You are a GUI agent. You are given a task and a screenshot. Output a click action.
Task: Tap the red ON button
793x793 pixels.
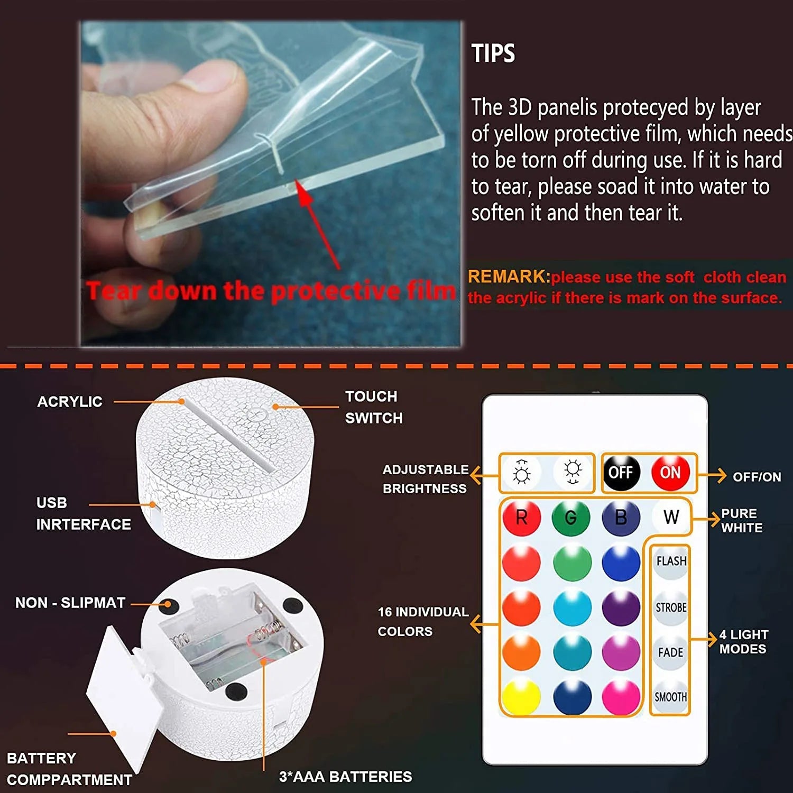pyautogui.click(x=670, y=472)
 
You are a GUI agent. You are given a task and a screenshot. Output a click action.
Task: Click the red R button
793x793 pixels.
pyautogui.click(x=521, y=517)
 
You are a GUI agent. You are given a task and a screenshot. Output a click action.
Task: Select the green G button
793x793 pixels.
pyautogui.click(x=571, y=517)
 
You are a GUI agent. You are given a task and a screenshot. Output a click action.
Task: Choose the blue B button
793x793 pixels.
pyautogui.click(x=621, y=517)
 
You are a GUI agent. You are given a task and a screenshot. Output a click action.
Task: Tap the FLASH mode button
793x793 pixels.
pyautogui.click(x=671, y=561)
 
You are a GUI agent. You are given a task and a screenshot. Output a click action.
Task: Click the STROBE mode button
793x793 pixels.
pyautogui.click(x=671, y=607)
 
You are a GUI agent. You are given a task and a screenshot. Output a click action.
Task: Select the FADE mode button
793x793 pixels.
pyautogui.click(x=670, y=653)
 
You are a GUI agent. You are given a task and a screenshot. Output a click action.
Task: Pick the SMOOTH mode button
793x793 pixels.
pyautogui.click(x=670, y=697)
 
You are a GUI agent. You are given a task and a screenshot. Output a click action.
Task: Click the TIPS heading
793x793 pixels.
pyautogui.click(x=493, y=54)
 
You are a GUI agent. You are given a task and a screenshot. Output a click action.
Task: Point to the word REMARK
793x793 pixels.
pyautogui.click(x=508, y=276)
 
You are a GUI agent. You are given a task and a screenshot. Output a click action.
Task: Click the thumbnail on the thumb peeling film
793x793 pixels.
pyautogui.click(x=209, y=77)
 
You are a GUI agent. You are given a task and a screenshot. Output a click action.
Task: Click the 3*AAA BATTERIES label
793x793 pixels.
pyautogui.click(x=345, y=777)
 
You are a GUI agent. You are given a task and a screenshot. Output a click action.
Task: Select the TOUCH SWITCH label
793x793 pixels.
pyautogui.click(x=373, y=407)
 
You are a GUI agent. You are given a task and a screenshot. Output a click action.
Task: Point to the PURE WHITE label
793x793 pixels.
pyautogui.click(x=742, y=521)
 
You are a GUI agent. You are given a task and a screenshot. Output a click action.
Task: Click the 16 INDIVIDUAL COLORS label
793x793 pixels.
pyautogui.click(x=422, y=621)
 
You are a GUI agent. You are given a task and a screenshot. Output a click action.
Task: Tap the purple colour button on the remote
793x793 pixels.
pyautogui.click(x=621, y=607)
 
